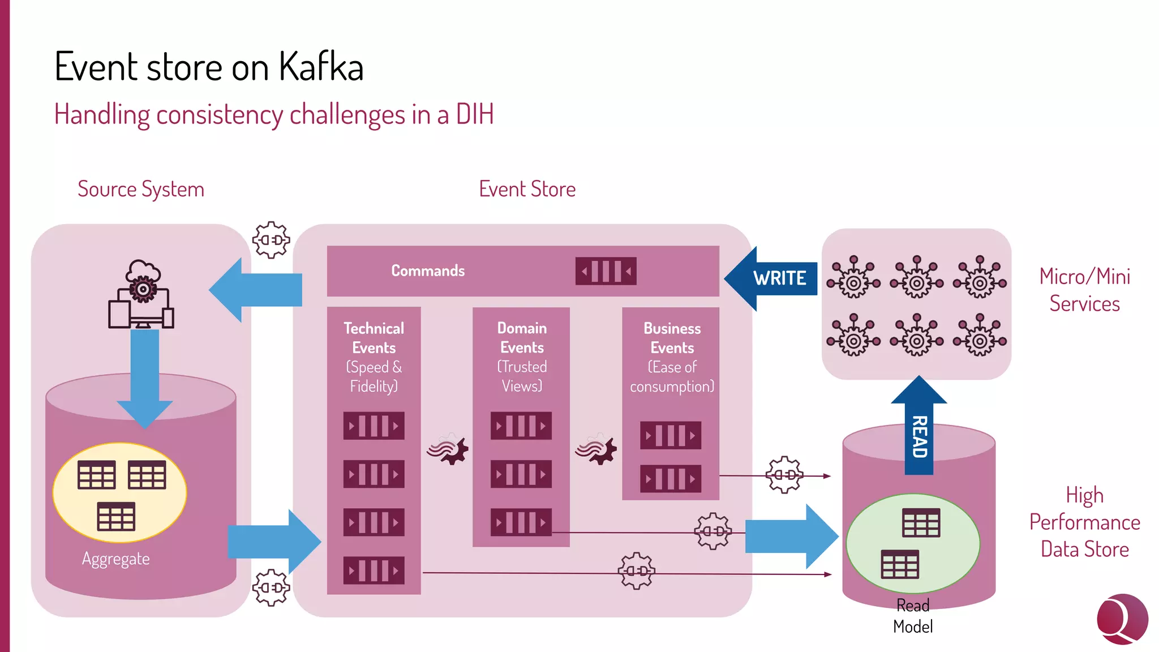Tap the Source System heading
[141, 189]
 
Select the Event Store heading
[527, 189]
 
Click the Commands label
[428, 271]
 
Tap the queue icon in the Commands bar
[606, 271]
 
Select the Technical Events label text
[374, 338]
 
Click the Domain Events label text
[521, 338]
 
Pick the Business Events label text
[672, 338]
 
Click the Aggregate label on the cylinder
[116, 559]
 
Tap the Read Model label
[912, 616]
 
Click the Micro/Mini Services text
[1084, 290]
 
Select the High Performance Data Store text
[1084, 522]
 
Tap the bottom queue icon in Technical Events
[374, 570]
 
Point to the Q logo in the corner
[1122, 619]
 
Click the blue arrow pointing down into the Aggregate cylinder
[145, 376]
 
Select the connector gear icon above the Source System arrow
[271, 240]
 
